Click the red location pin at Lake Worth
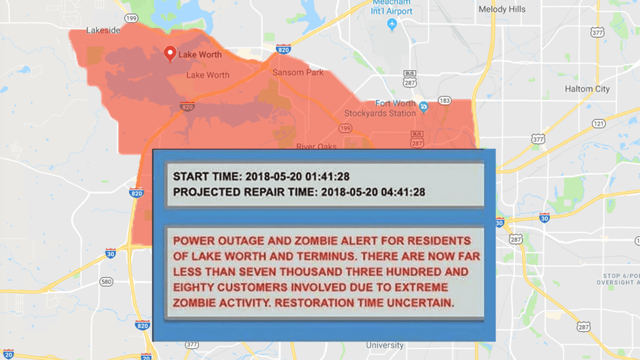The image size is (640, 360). (x=170, y=53)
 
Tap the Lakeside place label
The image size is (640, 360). (x=104, y=30)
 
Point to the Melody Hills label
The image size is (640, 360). (x=501, y=9)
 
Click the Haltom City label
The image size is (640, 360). (x=587, y=89)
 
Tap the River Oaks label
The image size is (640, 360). (x=316, y=147)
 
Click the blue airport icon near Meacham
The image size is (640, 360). (x=392, y=24)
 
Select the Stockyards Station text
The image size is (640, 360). (x=380, y=113)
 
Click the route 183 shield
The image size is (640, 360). (x=444, y=101)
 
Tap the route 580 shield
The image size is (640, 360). (x=106, y=281)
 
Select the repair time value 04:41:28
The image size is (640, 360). (x=401, y=192)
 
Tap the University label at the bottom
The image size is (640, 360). (x=385, y=345)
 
